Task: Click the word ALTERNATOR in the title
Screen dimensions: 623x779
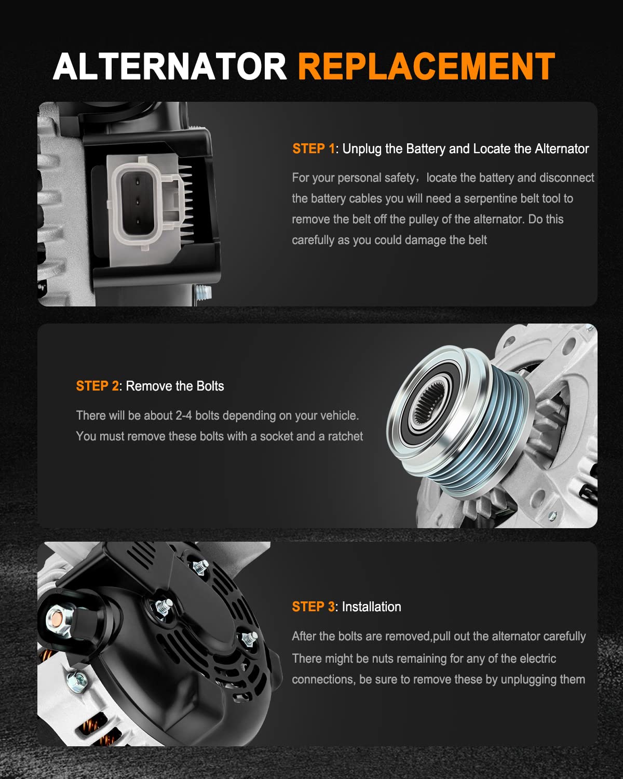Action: point(170,66)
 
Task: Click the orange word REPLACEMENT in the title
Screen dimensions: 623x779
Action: point(426,66)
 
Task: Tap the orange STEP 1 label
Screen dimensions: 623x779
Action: point(314,149)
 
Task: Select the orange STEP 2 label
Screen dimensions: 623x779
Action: point(98,386)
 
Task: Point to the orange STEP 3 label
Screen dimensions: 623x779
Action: point(314,607)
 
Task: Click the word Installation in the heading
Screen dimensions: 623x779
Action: point(371,607)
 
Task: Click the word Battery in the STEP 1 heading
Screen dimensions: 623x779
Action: point(425,149)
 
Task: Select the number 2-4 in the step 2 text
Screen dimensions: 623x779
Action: point(184,415)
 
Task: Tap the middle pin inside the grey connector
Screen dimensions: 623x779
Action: point(137,202)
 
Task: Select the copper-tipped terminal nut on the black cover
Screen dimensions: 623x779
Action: point(58,619)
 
